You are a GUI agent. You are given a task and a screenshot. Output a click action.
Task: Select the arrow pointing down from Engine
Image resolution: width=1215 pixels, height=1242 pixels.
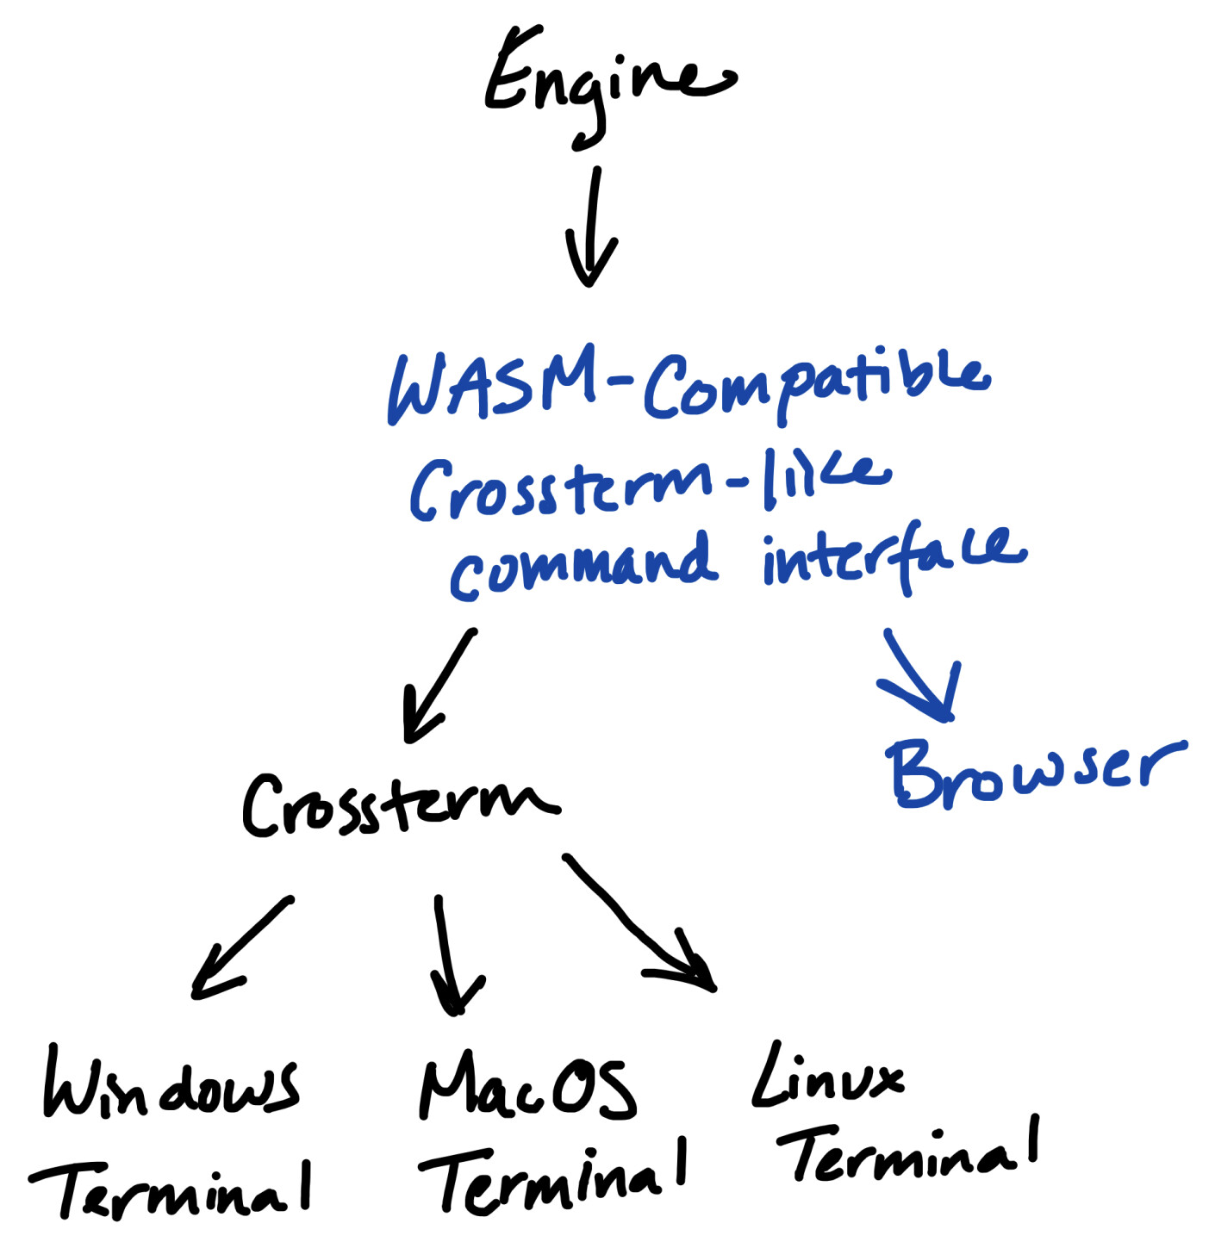coord(592,228)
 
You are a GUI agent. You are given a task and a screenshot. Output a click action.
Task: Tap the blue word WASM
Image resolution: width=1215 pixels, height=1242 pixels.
coord(491,385)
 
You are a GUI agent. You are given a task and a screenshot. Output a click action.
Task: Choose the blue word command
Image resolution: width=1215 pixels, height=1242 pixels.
coord(583,565)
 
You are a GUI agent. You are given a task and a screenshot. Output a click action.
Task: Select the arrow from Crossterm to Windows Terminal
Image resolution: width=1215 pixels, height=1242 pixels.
coord(241,947)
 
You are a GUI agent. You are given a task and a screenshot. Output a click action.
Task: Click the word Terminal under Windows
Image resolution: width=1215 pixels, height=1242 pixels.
coord(172,1189)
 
